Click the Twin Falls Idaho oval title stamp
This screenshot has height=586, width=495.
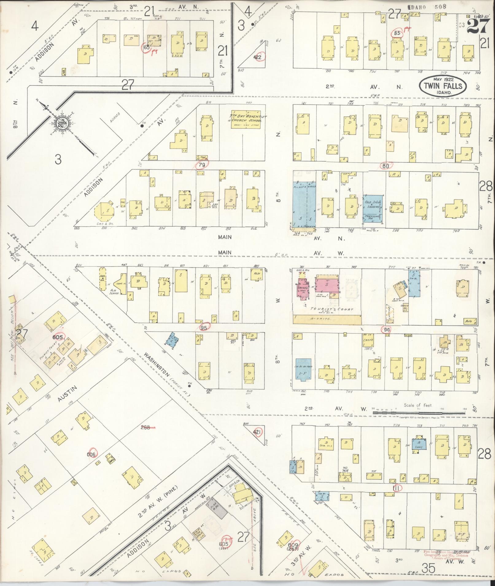coord(443,86)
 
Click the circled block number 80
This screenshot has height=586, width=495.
coord(386,166)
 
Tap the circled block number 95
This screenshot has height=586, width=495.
coord(204,327)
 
